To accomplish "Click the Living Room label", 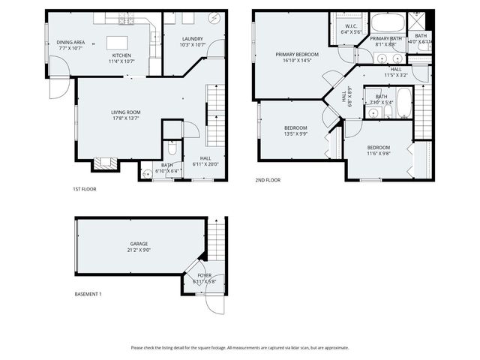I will click(126, 112).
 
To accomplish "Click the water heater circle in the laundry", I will click(216, 19).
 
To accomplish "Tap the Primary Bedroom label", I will click(297, 55).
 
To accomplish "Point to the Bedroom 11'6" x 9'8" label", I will click(378, 148).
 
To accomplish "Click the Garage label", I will click(138, 244).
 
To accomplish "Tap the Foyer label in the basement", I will click(205, 276).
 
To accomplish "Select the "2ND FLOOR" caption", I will click(268, 180).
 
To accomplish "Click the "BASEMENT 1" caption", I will click(88, 294).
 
